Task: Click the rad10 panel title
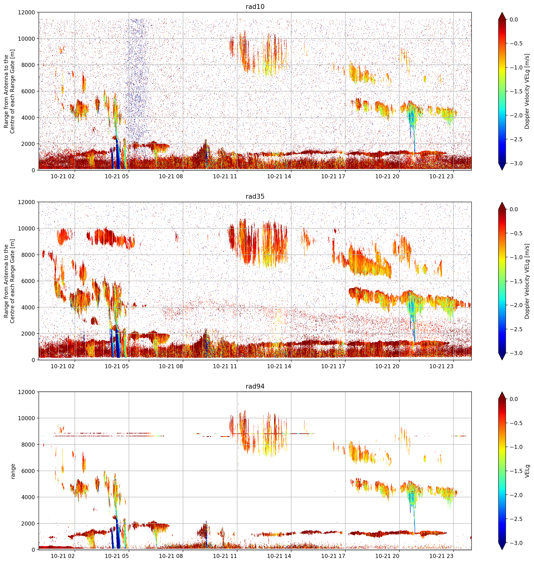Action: pyautogui.click(x=255, y=7)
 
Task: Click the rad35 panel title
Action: pyautogui.click(x=255, y=196)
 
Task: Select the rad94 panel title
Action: pyautogui.click(x=255, y=386)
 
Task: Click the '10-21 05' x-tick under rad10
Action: pyautogui.click(x=117, y=176)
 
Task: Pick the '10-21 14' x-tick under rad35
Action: pyautogui.click(x=279, y=366)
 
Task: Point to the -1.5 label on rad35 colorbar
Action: pyautogui.click(x=516, y=281)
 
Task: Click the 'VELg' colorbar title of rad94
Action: pyautogui.click(x=527, y=471)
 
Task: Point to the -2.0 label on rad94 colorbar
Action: pyautogui.click(x=516, y=495)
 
